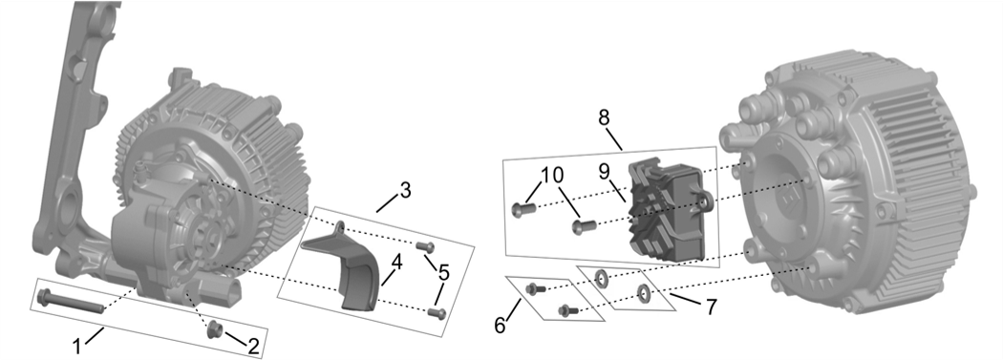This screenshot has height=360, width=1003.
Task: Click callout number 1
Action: tap(76, 347)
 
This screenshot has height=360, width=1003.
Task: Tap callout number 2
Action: tap(253, 347)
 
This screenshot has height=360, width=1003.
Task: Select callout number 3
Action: tap(404, 191)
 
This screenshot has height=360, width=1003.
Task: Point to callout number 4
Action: tap(396, 263)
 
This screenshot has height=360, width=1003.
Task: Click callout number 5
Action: tap(443, 273)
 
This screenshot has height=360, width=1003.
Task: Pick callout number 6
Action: tap(500, 325)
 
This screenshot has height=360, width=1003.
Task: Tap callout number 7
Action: tap(710, 307)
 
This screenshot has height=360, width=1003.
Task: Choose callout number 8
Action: tap(605, 118)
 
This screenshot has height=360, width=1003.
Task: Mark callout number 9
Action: tap(606, 171)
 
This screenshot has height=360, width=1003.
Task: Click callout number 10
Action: tap(553, 175)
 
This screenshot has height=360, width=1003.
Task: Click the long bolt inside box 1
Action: tap(71, 301)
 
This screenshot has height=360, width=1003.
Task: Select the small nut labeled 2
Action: tap(214, 330)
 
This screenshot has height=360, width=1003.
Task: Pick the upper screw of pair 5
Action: tap(425, 246)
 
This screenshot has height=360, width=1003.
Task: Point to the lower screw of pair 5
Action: tap(437, 312)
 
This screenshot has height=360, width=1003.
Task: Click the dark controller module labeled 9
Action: tap(669, 208)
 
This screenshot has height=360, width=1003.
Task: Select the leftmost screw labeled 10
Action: tap(523, 208)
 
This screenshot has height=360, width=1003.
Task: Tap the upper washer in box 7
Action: tap(601, 278)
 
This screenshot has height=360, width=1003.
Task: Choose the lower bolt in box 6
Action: tap(567, 310)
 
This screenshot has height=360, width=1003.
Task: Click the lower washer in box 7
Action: tap(643, 293)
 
